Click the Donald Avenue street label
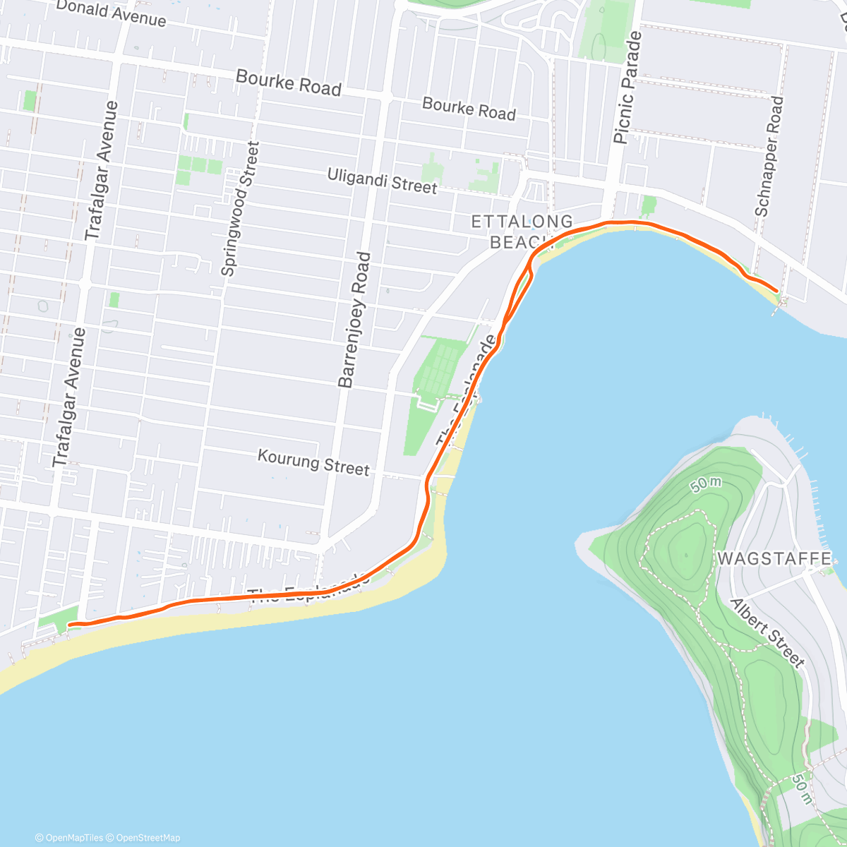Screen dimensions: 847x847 tap(111, 13)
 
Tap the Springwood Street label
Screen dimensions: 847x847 tap(240, 209)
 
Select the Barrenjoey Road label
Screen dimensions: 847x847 tap(354, 320)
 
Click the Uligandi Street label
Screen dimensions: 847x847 tap(382, 181)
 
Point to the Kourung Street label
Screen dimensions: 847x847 tap(313, 463)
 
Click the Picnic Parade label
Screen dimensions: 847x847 tap(628, 88)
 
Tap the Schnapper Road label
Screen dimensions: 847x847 tap(769, 157)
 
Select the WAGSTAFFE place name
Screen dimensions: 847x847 tap(774, 559)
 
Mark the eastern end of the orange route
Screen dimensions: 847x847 tap(777, 290)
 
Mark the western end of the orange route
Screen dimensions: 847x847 tap(69, 624)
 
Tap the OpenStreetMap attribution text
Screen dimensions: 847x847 tap(148, 838)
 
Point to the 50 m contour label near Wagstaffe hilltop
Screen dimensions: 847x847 tap(706, 484)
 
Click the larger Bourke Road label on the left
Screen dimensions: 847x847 tap(288, 83)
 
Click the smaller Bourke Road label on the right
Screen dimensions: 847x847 tap(469, 109)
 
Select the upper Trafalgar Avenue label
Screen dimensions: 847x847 tap(102, 171)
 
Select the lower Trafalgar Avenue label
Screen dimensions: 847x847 tap(69, 397)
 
